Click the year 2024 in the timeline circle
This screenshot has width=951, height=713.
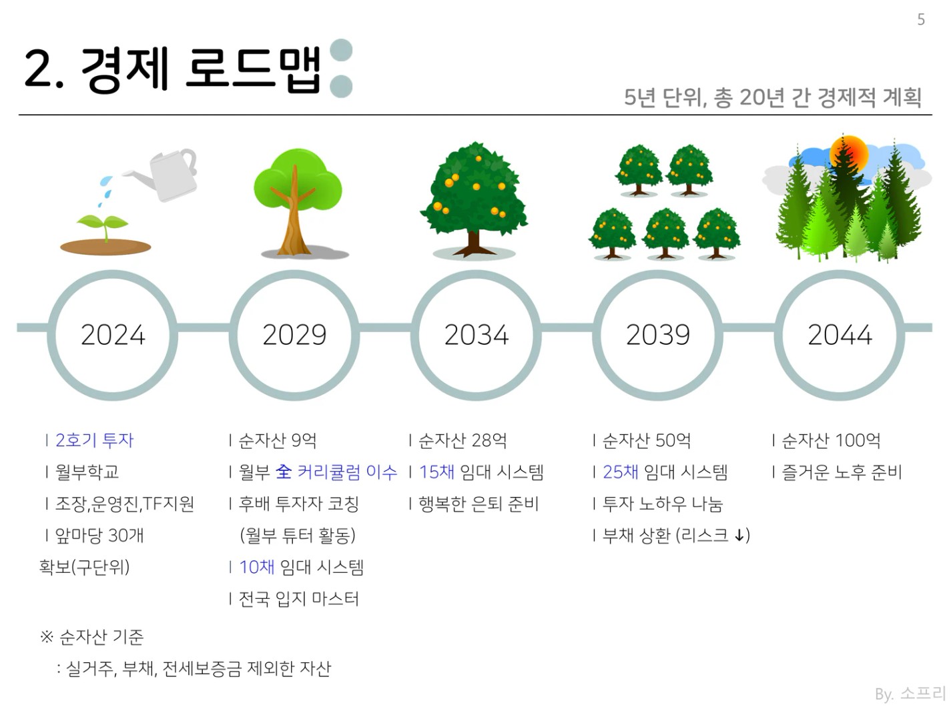pyautogui.click(x=113, y=335)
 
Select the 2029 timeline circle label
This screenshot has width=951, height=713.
pyautogui.click(x=294, y=335)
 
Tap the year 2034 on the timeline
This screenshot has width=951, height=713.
pyautogui.click(x=476, y=335)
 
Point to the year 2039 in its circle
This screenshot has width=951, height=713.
pyautogui.click(x=657, y=335)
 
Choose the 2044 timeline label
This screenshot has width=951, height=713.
pyautogui.click(x=840, y=335)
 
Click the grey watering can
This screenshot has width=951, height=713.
pyautogui.click(x=167, y=175)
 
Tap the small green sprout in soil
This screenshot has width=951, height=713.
pyautogui.click(x=103, y=226)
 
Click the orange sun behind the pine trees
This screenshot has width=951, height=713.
pyautogui.click(x=849, y=153)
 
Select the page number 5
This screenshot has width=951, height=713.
pyautogui.click(x=921, y=19)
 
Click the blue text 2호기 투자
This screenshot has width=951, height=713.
pyautogui.click(x=95, y=440)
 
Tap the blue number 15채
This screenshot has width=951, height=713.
pyautogui.click(x=436, y=472)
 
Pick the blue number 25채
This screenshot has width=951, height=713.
pyautogui.click(x=621, y=472)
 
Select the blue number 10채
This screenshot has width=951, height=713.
pyautogui.click(x=257, y=567)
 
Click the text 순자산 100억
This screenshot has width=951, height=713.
pyautogui.click(x=831, y=440)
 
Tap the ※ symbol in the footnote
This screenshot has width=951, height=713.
pyautogui.click(x=47, y=637)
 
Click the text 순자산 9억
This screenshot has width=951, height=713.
pyautogui.click(x=278, y=440)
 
